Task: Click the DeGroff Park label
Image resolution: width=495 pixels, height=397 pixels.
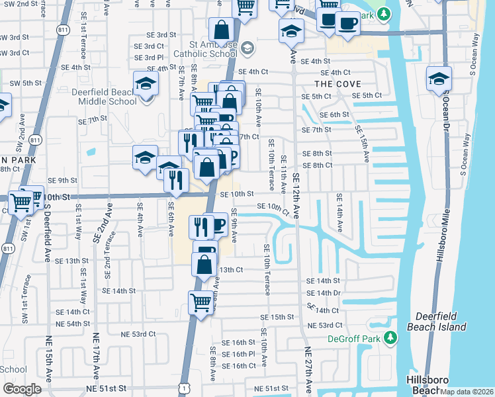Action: pyautogui.click(x=356, y=339)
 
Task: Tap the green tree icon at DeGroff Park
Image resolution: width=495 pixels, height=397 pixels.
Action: pyautogui.click(x=391, y=338)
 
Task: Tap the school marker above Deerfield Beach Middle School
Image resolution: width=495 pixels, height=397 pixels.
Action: pyautogui.click(x=145, y=83)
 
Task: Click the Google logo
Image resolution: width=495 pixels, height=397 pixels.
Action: pyautogui.click(x=22, y=388)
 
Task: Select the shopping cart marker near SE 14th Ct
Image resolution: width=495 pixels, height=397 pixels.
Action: pyautogui.click(x=201, y=302)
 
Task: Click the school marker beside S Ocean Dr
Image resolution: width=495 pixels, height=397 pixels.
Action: pyautogui.click(x=439, y=78)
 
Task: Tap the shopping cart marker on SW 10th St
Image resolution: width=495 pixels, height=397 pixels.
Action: pyautogui.click(x=22, y=202)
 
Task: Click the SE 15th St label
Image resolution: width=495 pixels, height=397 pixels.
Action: pyautogui.click(x=277, y=318)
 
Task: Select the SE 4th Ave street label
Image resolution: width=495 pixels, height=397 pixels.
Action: pyautogui.click(x=140, y=224)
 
